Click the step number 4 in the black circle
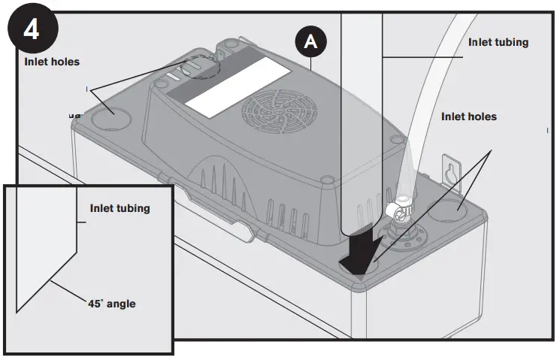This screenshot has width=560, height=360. pyautogui.click(x=31, y=29)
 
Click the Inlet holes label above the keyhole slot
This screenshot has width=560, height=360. pyautogui.click(x=469, y=116)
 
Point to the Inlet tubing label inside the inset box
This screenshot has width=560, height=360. pyautogui.click(x=120, y=207)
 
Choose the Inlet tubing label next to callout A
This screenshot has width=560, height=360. pyautogui.click(x=498, y=42)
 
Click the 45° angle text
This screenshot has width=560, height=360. pyautogui.click(x=114, y=304)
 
